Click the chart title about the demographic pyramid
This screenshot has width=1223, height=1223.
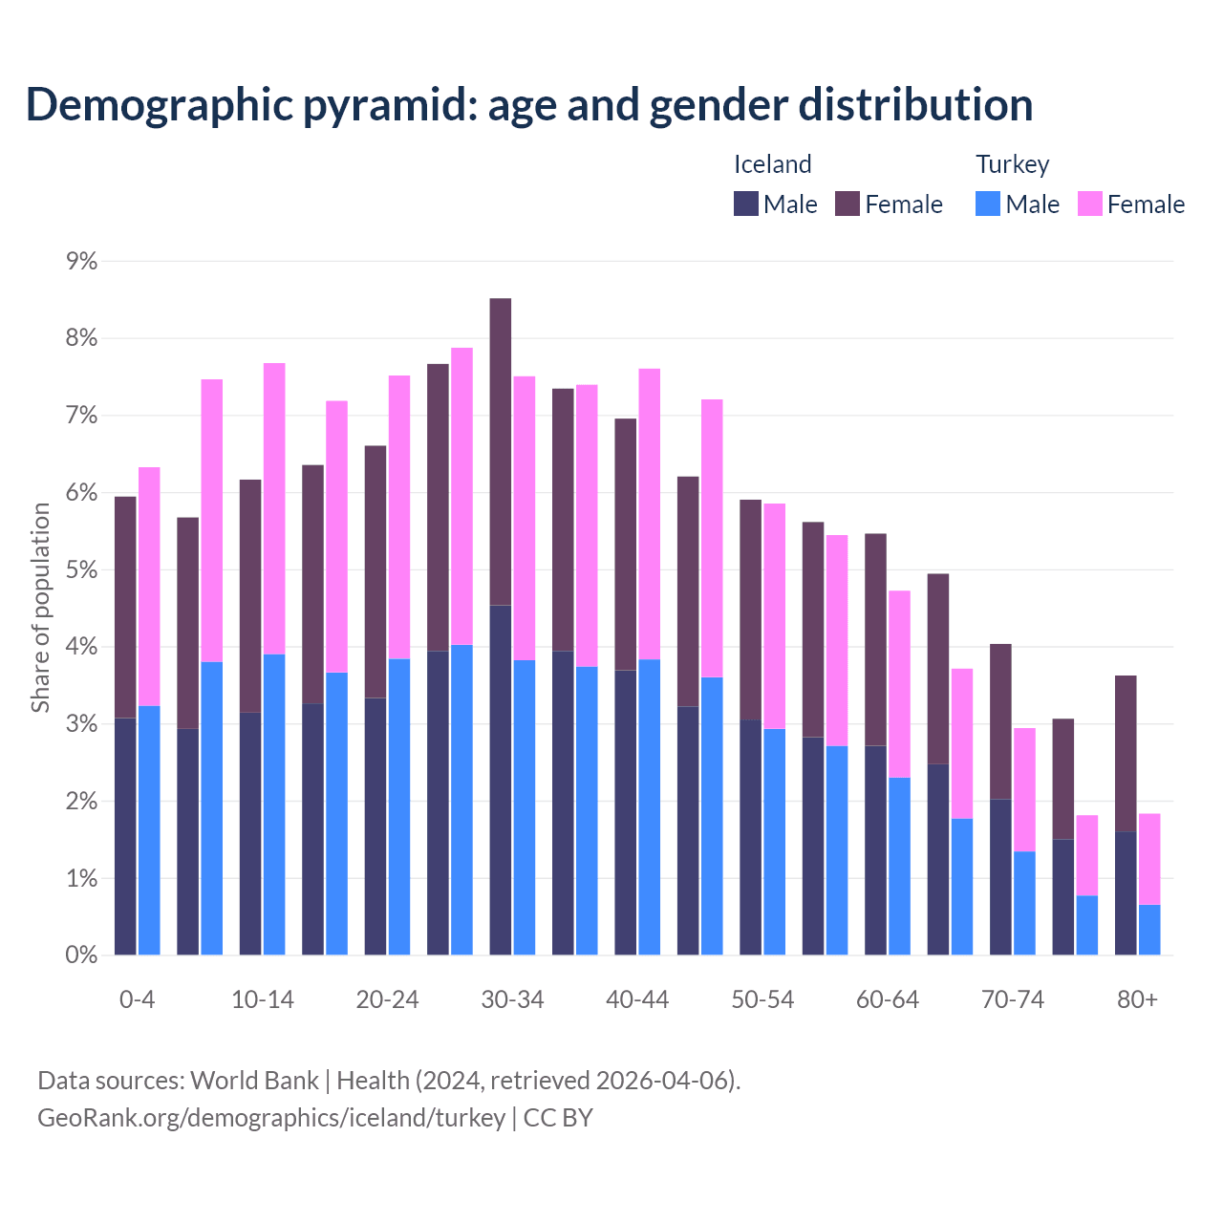click(528, 105)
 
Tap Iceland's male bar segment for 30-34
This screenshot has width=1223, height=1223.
click(500, 780)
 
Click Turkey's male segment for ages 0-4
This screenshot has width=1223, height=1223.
click(149, 830)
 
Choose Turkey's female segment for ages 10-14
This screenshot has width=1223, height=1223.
click(274, 508)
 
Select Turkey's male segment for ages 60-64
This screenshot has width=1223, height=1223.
click(899, 866)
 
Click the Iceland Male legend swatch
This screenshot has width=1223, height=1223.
click(746, 204)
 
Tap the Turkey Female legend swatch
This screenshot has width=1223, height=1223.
click(1089, 204)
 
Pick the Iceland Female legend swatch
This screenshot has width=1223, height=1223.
click(848, 204)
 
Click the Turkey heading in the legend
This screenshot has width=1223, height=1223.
click(1012, 164)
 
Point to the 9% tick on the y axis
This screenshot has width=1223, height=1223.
click(81, 261)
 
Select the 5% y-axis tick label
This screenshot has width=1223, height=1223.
click(81, 570)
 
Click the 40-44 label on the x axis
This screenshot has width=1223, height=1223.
click(637, 999)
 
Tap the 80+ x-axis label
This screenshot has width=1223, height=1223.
click(1137, 999)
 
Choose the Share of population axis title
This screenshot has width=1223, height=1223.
click(40, 608)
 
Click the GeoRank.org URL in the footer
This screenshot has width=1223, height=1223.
click(271, 1117)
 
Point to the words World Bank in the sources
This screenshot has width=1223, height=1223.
click(254, 1081)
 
